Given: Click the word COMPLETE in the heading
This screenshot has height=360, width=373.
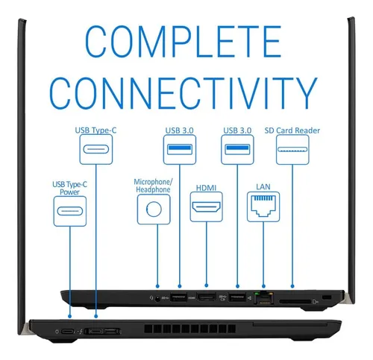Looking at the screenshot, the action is (x=184, y=41).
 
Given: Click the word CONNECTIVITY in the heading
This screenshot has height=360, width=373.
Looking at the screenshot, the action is (x=184, y=93).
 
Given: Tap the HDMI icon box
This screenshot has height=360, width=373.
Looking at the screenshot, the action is (x=207, y=207).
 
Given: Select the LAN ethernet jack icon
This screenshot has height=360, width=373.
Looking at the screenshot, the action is (x=263, y=206).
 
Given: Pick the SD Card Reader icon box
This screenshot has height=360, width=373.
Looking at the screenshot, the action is (x=292, y=150).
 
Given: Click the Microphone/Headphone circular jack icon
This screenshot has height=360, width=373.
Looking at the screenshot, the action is (x=154, y=209).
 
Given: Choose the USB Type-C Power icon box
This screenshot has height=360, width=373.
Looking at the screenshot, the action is (x=70, y=211).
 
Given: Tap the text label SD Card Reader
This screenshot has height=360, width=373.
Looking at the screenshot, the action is (x=292, y=130).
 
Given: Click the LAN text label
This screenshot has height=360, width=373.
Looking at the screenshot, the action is (x=263, y=187).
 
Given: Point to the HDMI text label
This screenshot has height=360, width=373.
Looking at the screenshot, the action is (x=206, y=188).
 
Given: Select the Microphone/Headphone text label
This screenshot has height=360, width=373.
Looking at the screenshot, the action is (x=153, y=186).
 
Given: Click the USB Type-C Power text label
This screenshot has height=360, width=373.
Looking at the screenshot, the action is (x=70, y=188).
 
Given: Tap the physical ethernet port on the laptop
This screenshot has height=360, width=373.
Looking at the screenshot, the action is (x=264, y=297).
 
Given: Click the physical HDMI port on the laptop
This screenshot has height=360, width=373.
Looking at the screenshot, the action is (x=206, y=297).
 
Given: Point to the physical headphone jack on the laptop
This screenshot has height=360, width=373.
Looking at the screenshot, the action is (x=157, y=298).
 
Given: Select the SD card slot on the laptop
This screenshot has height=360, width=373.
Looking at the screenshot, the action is (x=295, y=302).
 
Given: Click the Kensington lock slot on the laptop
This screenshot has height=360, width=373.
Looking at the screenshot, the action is (x=327, y=297).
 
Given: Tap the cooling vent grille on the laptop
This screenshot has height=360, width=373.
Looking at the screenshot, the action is (x=189, y=329).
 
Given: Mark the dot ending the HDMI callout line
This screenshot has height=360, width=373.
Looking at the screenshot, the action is (x=207, y=285).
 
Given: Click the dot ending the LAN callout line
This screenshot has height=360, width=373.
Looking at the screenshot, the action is (x=263, y=286).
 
